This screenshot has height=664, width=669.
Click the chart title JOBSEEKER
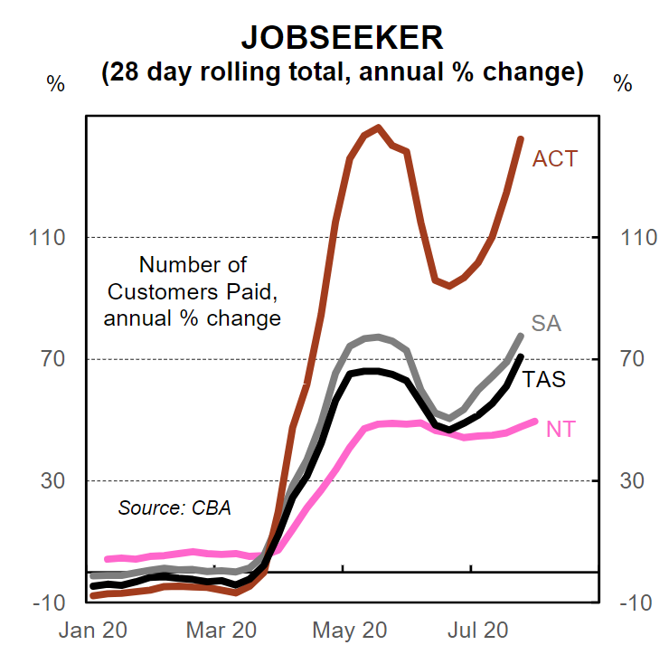(342, 37)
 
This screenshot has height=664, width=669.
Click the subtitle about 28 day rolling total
(342, 72)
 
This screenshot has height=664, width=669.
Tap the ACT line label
(554, 159)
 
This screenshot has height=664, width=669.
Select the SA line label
(546, 323)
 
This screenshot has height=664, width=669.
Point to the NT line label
(561, 429)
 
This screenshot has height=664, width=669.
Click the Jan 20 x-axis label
(90, 631)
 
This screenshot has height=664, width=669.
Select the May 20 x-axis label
(348, 631)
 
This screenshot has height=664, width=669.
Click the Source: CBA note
(174, 507)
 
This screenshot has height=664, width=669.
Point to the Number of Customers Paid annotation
(192, 291)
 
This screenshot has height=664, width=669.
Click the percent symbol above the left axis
(56, 83)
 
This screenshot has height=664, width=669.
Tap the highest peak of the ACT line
(377, 128)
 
